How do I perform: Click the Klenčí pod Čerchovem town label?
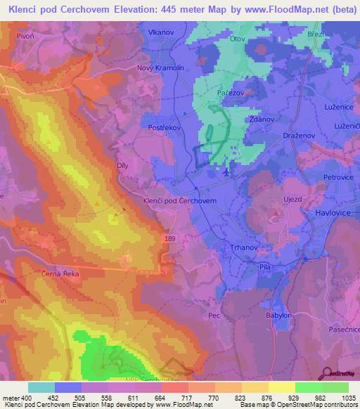[x=179, y=200]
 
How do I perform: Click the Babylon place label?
[x=278, y=316]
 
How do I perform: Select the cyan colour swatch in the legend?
[x=41, y=387]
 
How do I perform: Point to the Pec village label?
[x=214, y=316]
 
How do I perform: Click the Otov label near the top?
[x=238, y=39]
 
